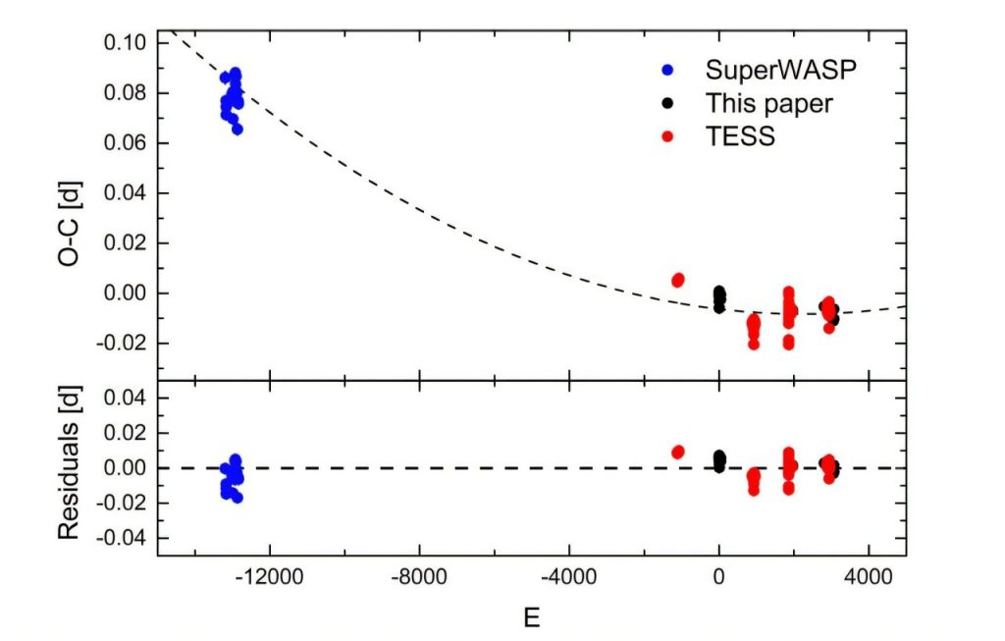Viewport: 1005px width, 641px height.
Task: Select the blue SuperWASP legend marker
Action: click(668, 71)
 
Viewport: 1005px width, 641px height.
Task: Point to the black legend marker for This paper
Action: click(668, 103)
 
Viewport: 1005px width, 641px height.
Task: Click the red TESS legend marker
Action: click(668, 136)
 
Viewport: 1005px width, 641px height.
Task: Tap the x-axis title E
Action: click(531, 617)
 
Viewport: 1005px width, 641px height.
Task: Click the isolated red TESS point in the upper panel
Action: click(678, 281)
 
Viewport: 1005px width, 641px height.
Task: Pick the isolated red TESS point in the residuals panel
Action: click(678, 452)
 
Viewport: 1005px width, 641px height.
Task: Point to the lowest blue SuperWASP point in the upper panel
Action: click(238, 129)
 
